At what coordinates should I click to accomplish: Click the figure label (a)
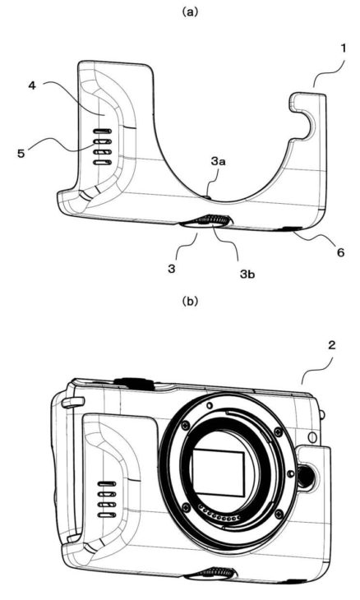click(190, 12)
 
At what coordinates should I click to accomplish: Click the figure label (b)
click(190, 302)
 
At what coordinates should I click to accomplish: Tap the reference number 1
click(344, 48)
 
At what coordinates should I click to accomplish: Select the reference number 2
click(332, 345)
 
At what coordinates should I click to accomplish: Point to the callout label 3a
click(218, 161)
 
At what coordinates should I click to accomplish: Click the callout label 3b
click(247, 274)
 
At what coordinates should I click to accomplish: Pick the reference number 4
click(32, 85)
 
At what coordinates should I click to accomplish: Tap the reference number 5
click(21, 154)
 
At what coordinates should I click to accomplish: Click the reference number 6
click(340, 252)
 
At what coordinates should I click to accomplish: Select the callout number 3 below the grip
click(172, 269)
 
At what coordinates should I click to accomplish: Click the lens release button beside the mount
click(307, 476)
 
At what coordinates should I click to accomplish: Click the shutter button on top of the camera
click(132, 383)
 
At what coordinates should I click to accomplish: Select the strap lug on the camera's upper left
click(73, 402)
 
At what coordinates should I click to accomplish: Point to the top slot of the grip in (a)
click(103, 131)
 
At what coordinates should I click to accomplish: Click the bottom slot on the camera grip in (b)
click(105, 515)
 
